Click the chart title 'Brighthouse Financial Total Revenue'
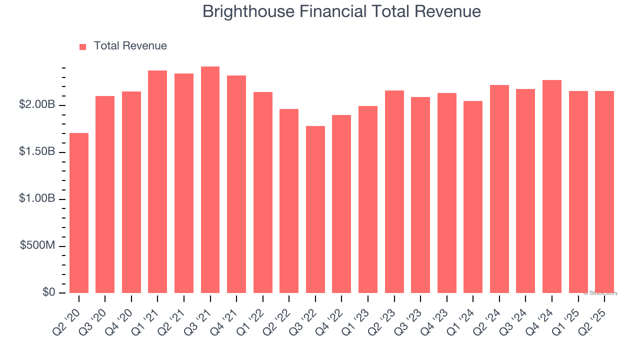[x=341, y=11]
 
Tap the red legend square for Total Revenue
[x=82, y=46]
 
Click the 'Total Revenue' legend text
[x=130, y=46]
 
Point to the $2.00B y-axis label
[x=37, y=105]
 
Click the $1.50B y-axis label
[x=37, y=151]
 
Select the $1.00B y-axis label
[x=37, y=198]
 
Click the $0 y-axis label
[x=49, y=292]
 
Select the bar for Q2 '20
[x=79, y=213]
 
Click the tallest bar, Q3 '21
[x=210, y=180]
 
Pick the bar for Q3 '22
[x=315, y=209]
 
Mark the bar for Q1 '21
[x=157, y=182]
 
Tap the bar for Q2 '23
[x=394, y=192]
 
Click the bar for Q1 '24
[x=473, y=197]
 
